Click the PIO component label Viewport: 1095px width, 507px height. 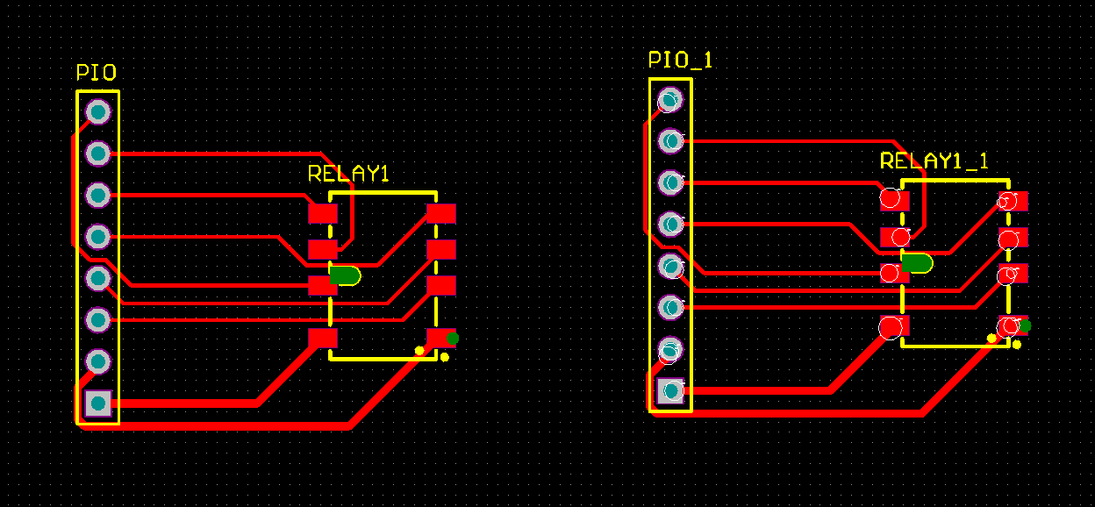coord(97,73)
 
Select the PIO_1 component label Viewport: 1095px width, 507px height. coord(680,60)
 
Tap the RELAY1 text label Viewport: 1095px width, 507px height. coord(347,174)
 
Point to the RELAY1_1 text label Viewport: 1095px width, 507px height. coord(934,161)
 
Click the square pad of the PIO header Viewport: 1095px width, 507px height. coord(97,403)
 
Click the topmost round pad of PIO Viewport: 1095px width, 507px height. coord(97,112)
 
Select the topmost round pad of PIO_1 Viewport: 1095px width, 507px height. coord(670,100)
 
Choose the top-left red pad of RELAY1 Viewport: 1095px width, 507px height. coord(322,213)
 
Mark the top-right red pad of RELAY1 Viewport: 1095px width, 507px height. coord(440,213)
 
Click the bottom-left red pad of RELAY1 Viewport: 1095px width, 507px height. coord(322,338)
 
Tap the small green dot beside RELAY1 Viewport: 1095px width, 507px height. coord(453,339)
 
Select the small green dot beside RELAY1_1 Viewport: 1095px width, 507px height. coord(1025,326)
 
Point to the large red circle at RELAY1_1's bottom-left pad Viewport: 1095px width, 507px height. coord(891,327)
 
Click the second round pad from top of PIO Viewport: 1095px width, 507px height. coord(97,154)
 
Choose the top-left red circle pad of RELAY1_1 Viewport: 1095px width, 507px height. coord(891,198)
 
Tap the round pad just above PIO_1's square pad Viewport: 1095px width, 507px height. coord(670,349)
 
